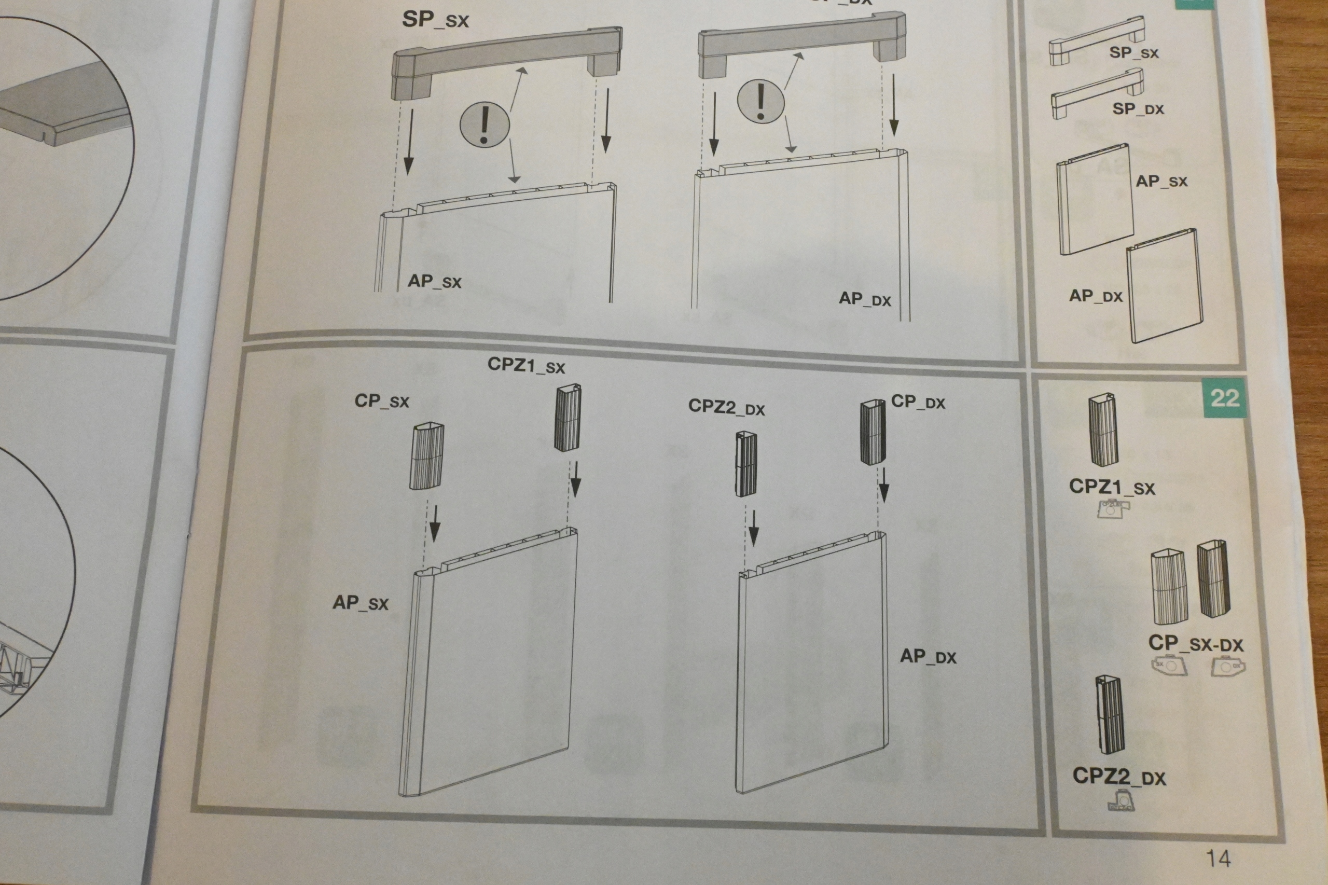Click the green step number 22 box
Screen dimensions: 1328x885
1224,398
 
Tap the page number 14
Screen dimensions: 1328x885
1218,859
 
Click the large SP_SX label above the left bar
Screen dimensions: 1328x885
435,20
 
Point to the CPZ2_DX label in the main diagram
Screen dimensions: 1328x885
726,406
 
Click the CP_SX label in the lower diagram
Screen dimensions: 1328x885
381,400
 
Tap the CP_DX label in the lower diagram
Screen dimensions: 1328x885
918,402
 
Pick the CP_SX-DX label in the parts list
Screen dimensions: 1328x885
1195,643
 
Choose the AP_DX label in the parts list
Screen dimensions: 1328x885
1096,295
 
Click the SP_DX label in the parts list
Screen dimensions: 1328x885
1138,108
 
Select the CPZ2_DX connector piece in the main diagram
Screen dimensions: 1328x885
745,464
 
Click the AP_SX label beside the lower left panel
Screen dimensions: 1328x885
360,603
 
